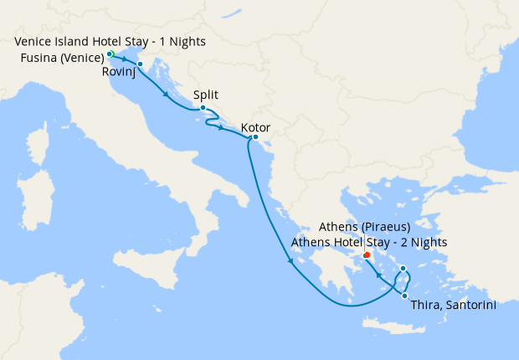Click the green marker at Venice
[x=110, y=54]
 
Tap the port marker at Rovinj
[x=140, y=64]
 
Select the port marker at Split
[x=203, y=107]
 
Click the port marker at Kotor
[x=255, y=137]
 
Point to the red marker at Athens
[x=367, y=255]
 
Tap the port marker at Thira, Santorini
[x=404, y=295]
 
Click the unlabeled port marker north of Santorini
[x=403, y=269]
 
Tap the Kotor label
[x=255, y=128]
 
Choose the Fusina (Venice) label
[x=63, y=57]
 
